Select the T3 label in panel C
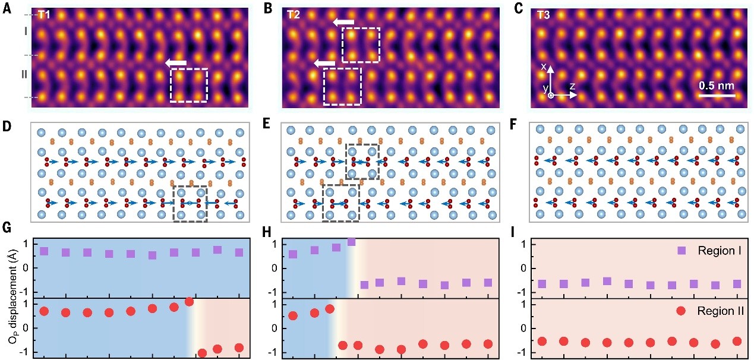click(543, 15)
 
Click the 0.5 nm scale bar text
click(717, 85)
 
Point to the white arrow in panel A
click(175, 62)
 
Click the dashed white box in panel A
click(189, 86)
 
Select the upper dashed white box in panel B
click(361, 45)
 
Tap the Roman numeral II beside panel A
click(24, 75)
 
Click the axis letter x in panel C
click(544, 67)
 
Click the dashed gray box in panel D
click(190, 204)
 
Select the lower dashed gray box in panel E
click(340, 203)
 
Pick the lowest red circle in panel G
click(202, 353)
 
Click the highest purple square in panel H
click(351, 242)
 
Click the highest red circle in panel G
click(190, 302)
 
